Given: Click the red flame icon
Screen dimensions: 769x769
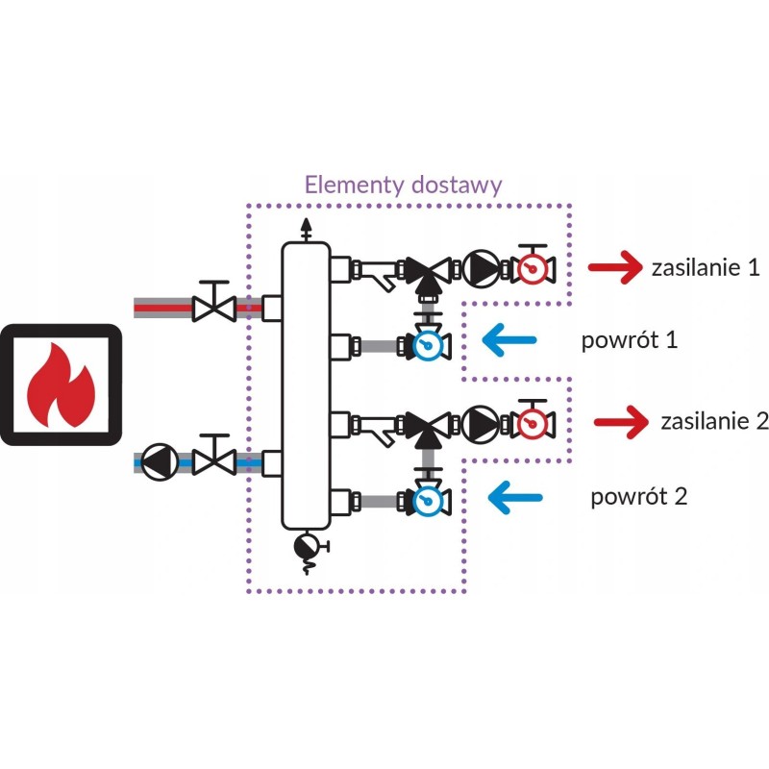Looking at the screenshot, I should [x=60, y=386].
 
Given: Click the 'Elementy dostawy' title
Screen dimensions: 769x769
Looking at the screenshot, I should [x=403, y=185].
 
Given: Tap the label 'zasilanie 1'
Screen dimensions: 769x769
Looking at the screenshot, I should [x=705, y=270].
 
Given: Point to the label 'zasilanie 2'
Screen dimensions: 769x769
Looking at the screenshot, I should [x=713, y=421].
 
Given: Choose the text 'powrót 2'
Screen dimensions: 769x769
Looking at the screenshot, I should [x=639, y=497].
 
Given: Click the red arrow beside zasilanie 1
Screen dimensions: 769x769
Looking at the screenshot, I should [x=615, y=270].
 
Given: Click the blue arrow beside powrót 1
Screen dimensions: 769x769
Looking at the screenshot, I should [x=509, y=337].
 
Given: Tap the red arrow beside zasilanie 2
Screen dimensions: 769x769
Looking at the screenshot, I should [x=621, y=421].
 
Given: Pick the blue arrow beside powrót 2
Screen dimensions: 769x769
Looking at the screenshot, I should [x=515, y=497].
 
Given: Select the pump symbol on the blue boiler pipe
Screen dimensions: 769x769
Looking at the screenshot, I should [x=157, y=459].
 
